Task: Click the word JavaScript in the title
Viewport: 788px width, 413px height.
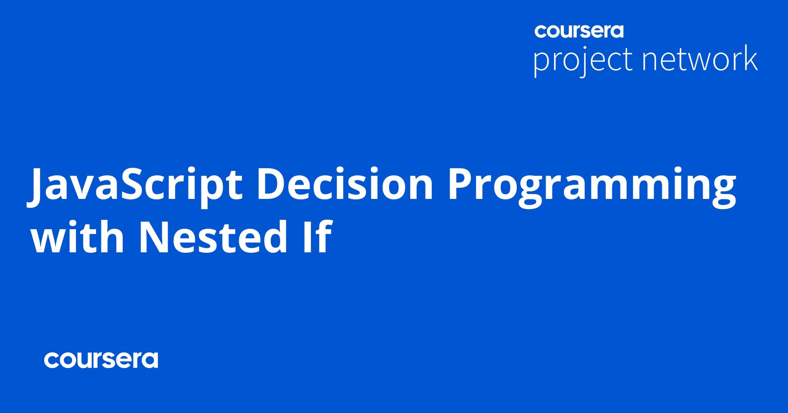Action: [136, 185]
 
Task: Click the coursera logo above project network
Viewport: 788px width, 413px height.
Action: [579, 31]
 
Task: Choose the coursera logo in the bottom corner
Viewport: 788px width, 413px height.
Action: [101, 360]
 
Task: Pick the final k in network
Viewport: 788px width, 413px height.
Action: [750, 58]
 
